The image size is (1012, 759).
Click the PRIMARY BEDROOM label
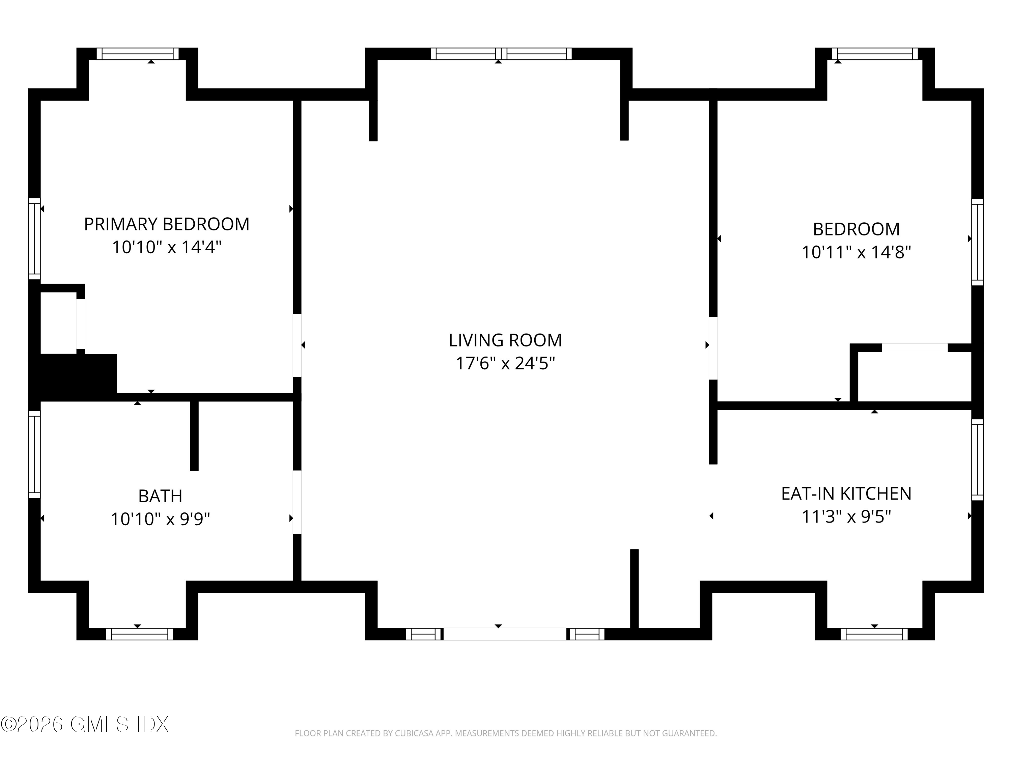click(x=167, y=224)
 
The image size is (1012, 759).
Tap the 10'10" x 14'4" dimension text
click(x=167, y=248)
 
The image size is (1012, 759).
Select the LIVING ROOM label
click(x=505, y=340)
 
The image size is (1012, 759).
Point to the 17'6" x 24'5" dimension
click(x=505, y=364)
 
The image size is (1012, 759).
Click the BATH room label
click(x=160, y=496)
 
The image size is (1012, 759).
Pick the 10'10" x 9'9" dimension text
click(x=160, y=519)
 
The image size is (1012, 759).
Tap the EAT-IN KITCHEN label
click(x=846, y=494)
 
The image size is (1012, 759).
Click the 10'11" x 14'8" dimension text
click(x=856, y=252)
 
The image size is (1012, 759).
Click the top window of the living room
click(x=501, y=54)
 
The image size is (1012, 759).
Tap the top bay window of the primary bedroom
click(x=137, y=54)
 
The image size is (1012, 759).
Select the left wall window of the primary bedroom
click(x=34, y=238)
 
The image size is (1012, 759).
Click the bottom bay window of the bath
click(x=140, y=634)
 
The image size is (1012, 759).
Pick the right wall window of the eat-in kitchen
click(x=977, y=460)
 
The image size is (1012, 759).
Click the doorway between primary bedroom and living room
click(x=297, y=345)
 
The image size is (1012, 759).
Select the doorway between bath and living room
click(x=297, y=502)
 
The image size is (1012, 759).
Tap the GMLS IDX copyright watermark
click(x=85, y=724)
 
